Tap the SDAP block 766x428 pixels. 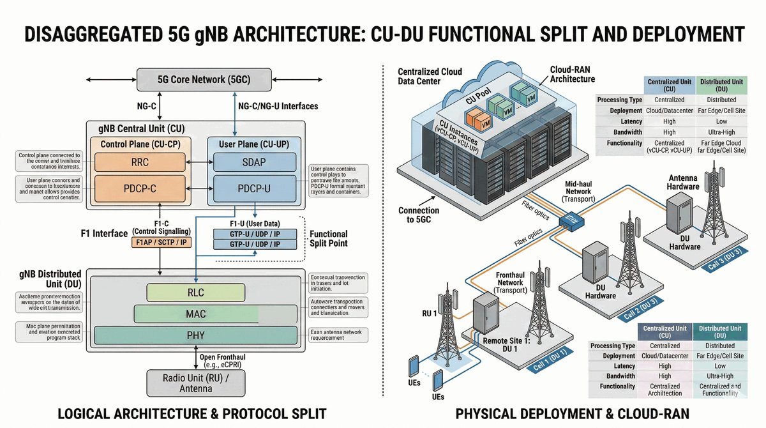[x=253, y=162]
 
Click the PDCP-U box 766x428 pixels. [x=253, y=189]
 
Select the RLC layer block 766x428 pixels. [x=195, y=293]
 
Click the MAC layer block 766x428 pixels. [x=195, y=314]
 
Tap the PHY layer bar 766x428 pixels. [x=195, y=335]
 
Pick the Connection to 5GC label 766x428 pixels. [x=419, y=215]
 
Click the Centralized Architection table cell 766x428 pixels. [x=665, y=390]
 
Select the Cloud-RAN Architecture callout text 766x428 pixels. [x=573, y=74]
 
